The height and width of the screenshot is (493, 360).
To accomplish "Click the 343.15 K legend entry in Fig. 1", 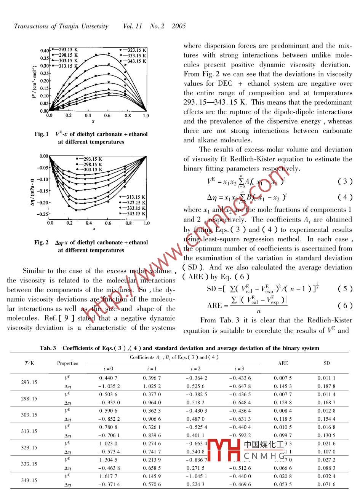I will (x=133, y=61).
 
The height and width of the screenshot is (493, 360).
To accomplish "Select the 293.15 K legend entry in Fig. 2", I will (x=90, y=159).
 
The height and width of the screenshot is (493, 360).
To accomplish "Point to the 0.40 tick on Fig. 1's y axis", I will (x=45, y=51).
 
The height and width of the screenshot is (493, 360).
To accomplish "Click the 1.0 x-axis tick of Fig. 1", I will (x=146, y=116).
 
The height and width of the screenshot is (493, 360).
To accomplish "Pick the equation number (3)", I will (x=345, y=181).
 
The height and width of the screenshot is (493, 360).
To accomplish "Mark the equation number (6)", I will (x=345, y=305).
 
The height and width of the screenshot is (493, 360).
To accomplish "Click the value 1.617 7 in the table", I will (x=108, y=476).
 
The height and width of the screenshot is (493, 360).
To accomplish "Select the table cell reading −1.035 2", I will (x=108, y=386).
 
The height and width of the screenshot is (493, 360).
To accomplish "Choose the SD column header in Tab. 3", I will (x=326, y=363).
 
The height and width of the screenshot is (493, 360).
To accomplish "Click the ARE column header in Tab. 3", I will (x=283, y=363).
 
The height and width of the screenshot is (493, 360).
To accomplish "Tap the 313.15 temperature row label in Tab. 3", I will (x=29, y=431).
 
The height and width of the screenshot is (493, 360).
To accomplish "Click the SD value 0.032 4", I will (x=326, y=476).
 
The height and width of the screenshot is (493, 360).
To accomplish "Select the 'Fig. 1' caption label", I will (x=42, y=134).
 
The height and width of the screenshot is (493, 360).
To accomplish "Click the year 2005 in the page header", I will (x=179, y=26).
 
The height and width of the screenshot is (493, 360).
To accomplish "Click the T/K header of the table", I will (x=29, y=363).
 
